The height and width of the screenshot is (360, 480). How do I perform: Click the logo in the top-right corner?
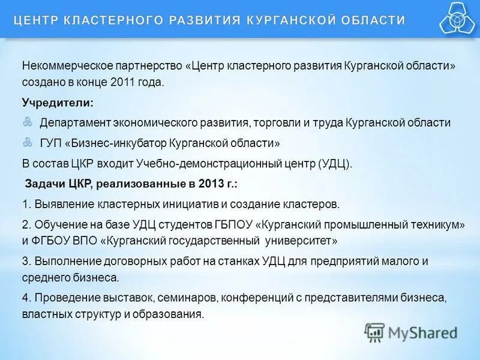tap(457, 18)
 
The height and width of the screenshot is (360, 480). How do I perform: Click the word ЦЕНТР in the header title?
tap(34, 20)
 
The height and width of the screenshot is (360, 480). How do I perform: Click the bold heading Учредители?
tap(58, 103)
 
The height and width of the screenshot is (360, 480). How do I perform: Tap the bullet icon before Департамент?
tap(28, 122)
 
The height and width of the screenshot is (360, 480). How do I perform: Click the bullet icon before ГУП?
tap(28, 142)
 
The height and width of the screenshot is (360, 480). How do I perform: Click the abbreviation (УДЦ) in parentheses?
tap(333, 164)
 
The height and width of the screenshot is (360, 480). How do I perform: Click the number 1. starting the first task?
tap(26, 205)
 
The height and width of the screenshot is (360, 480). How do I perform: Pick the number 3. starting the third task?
tap(26, 262)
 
